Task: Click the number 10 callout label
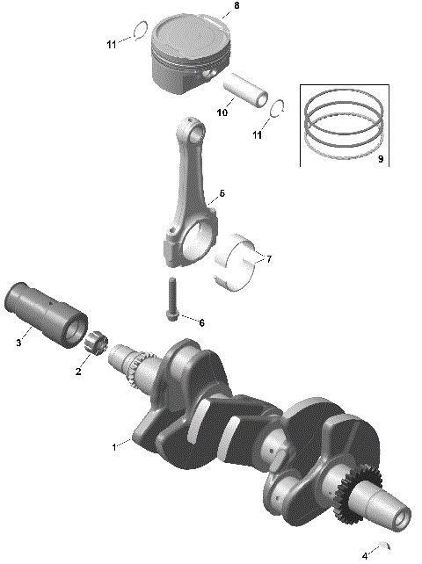pyautogui.click(x=222, y=112)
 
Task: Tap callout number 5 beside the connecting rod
pyautogui.click(x=222, y=192)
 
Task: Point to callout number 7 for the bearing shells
pyautogui.click(x=269, y=259)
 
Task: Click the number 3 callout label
pyautogui.click(x=18, y=343)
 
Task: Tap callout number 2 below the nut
pyautogui.click(x=77, y=372)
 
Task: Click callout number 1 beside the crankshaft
pyautogui.click(x=113, y=447)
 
